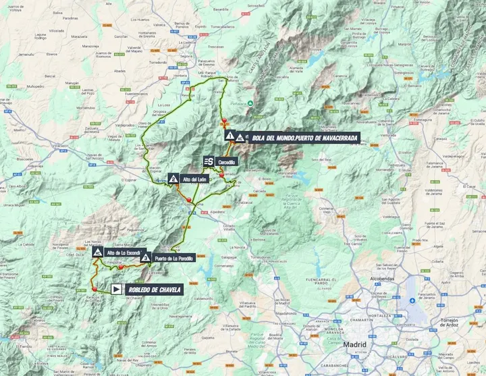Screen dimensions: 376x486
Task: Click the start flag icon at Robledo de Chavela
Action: point(116,290)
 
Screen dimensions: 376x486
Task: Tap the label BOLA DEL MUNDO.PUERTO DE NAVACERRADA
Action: point(305,137)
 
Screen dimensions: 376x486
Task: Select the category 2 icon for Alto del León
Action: point(173,179)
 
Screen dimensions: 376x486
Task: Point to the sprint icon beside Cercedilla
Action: point(209,161)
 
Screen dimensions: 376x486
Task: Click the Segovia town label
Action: point(180,57)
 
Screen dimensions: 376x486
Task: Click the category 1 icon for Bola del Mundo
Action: point(230,136)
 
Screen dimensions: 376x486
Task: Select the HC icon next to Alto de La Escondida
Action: point(98,253)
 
